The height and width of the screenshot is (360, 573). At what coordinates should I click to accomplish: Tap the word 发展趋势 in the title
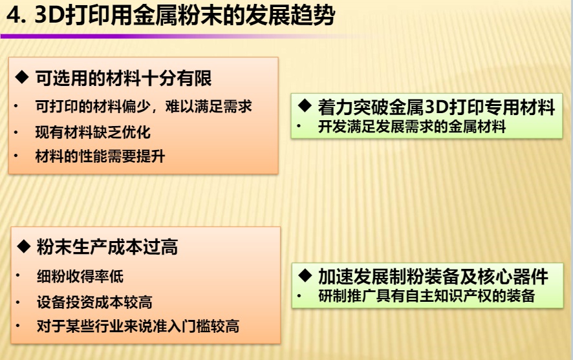[290, 16]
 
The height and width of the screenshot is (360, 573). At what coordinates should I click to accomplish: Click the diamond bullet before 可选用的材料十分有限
[22, 77]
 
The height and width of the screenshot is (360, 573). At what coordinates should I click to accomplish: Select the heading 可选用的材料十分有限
[124, 78]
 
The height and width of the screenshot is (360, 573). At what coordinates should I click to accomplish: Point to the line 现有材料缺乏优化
[93, 132]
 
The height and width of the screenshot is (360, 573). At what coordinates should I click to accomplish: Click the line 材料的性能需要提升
[100, 156]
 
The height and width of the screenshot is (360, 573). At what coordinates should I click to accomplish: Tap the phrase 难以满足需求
[209, 107]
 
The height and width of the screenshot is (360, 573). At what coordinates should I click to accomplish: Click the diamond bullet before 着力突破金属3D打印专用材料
[305, 105]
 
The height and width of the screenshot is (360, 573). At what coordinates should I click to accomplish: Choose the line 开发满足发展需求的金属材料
[412, 127]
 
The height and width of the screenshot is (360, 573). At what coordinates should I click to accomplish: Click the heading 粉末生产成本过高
[107, 247]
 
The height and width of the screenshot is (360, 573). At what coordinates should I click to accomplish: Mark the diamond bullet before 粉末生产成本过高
[24, 246]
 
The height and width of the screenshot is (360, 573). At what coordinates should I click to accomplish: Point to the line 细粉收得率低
[80, 277]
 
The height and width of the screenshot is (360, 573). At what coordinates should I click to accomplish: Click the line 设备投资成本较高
[94, 302]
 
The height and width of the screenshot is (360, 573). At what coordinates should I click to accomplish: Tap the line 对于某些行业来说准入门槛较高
[138, 326]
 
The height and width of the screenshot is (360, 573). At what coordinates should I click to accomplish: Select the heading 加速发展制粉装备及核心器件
[433, 277]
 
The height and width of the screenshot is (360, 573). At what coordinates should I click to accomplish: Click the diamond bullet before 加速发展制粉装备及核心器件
[305, 275]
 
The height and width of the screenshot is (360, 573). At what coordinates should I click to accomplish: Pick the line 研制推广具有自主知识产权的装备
[426, 296]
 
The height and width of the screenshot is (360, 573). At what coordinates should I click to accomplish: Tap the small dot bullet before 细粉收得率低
[17, 276]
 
